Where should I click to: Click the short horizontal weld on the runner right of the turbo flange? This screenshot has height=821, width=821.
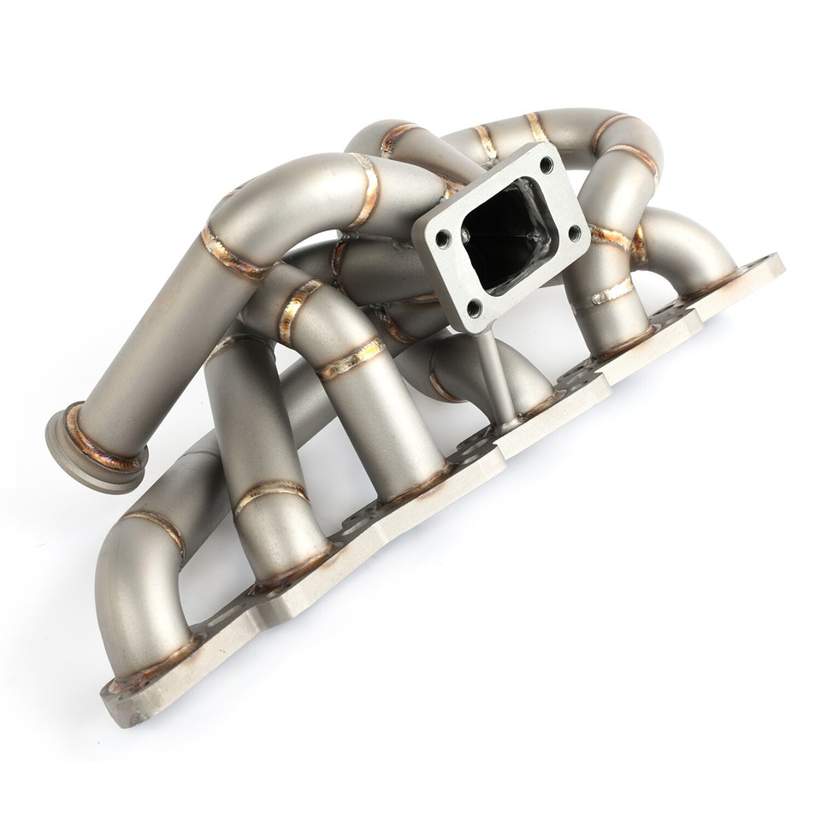611,293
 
